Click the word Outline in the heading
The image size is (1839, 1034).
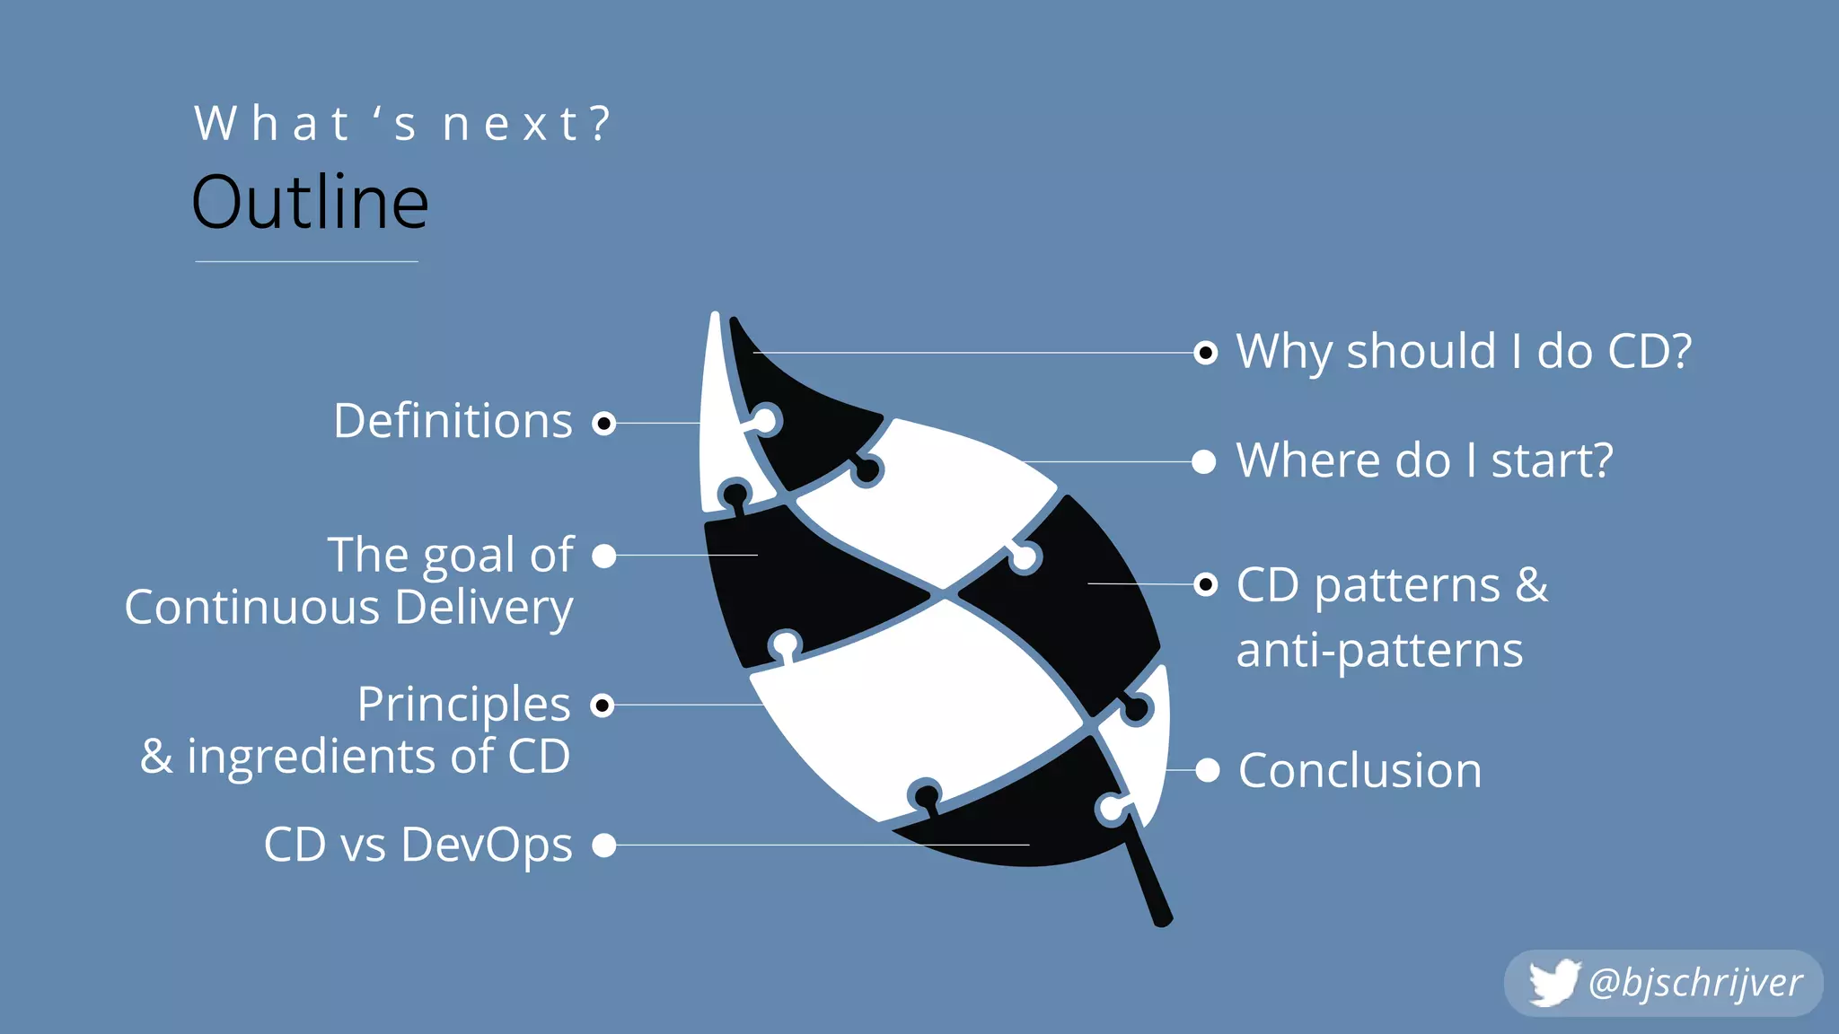(x=310, y=203)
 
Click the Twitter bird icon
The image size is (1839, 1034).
(x=1553, y=983)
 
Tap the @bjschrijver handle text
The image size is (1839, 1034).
(x=1694, y=983)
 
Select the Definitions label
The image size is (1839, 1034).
(x=453, y=421)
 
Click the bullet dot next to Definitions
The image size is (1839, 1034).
(x=604, y=423)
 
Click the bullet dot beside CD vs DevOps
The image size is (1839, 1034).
(x=604, y=845)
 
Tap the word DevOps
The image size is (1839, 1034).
(x=486, y=846)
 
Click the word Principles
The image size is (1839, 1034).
(x=463, y=704)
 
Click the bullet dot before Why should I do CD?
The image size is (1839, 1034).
(x=1206, y=353)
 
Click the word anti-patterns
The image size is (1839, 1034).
(x=1379, y=651)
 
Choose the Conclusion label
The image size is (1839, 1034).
(x=1359, y=771)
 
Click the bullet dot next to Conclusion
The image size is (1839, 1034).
(x=1207, y=770)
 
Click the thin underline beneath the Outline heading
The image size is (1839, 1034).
(x=306, y=261)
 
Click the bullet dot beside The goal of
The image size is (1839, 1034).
(x=604, y=556)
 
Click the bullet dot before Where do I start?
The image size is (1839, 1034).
(x=1204, y=462)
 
